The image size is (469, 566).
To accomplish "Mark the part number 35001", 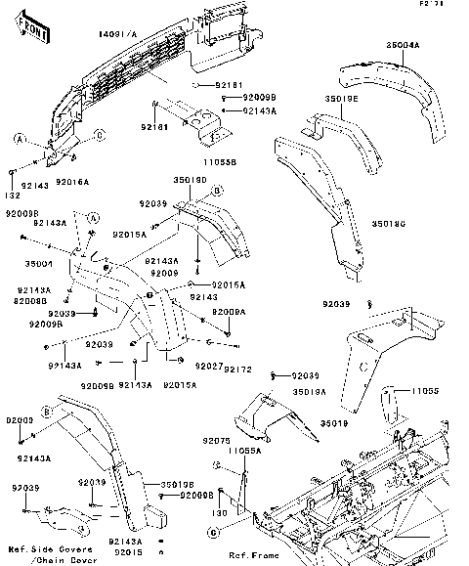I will tap(37, 264).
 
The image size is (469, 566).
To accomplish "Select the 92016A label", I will tap(72, 182).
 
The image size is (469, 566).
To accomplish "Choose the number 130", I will tap(220, 512).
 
